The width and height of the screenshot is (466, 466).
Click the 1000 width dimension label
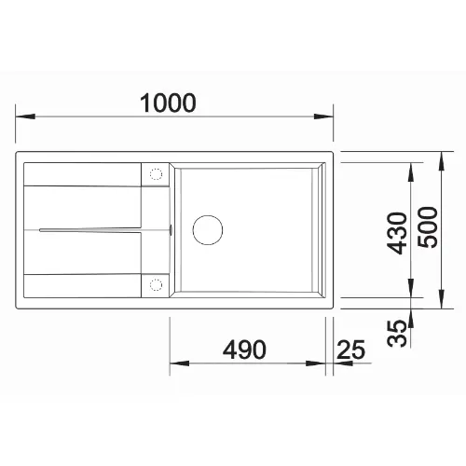pos(168,103)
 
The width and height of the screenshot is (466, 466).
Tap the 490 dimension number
pos(244,349)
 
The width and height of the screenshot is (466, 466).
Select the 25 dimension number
pos(350,349)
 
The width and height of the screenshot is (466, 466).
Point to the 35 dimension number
pos(397,333)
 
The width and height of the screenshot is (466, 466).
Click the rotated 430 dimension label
pos(397,233)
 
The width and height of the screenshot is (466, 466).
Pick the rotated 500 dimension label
pos(428,227)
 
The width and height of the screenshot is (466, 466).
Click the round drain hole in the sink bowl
pos(208,230)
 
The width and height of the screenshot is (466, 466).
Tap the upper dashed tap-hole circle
pos(156,174)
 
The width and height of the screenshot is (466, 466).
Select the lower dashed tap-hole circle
pos(156,284)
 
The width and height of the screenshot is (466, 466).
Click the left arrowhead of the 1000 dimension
pos(25,116)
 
